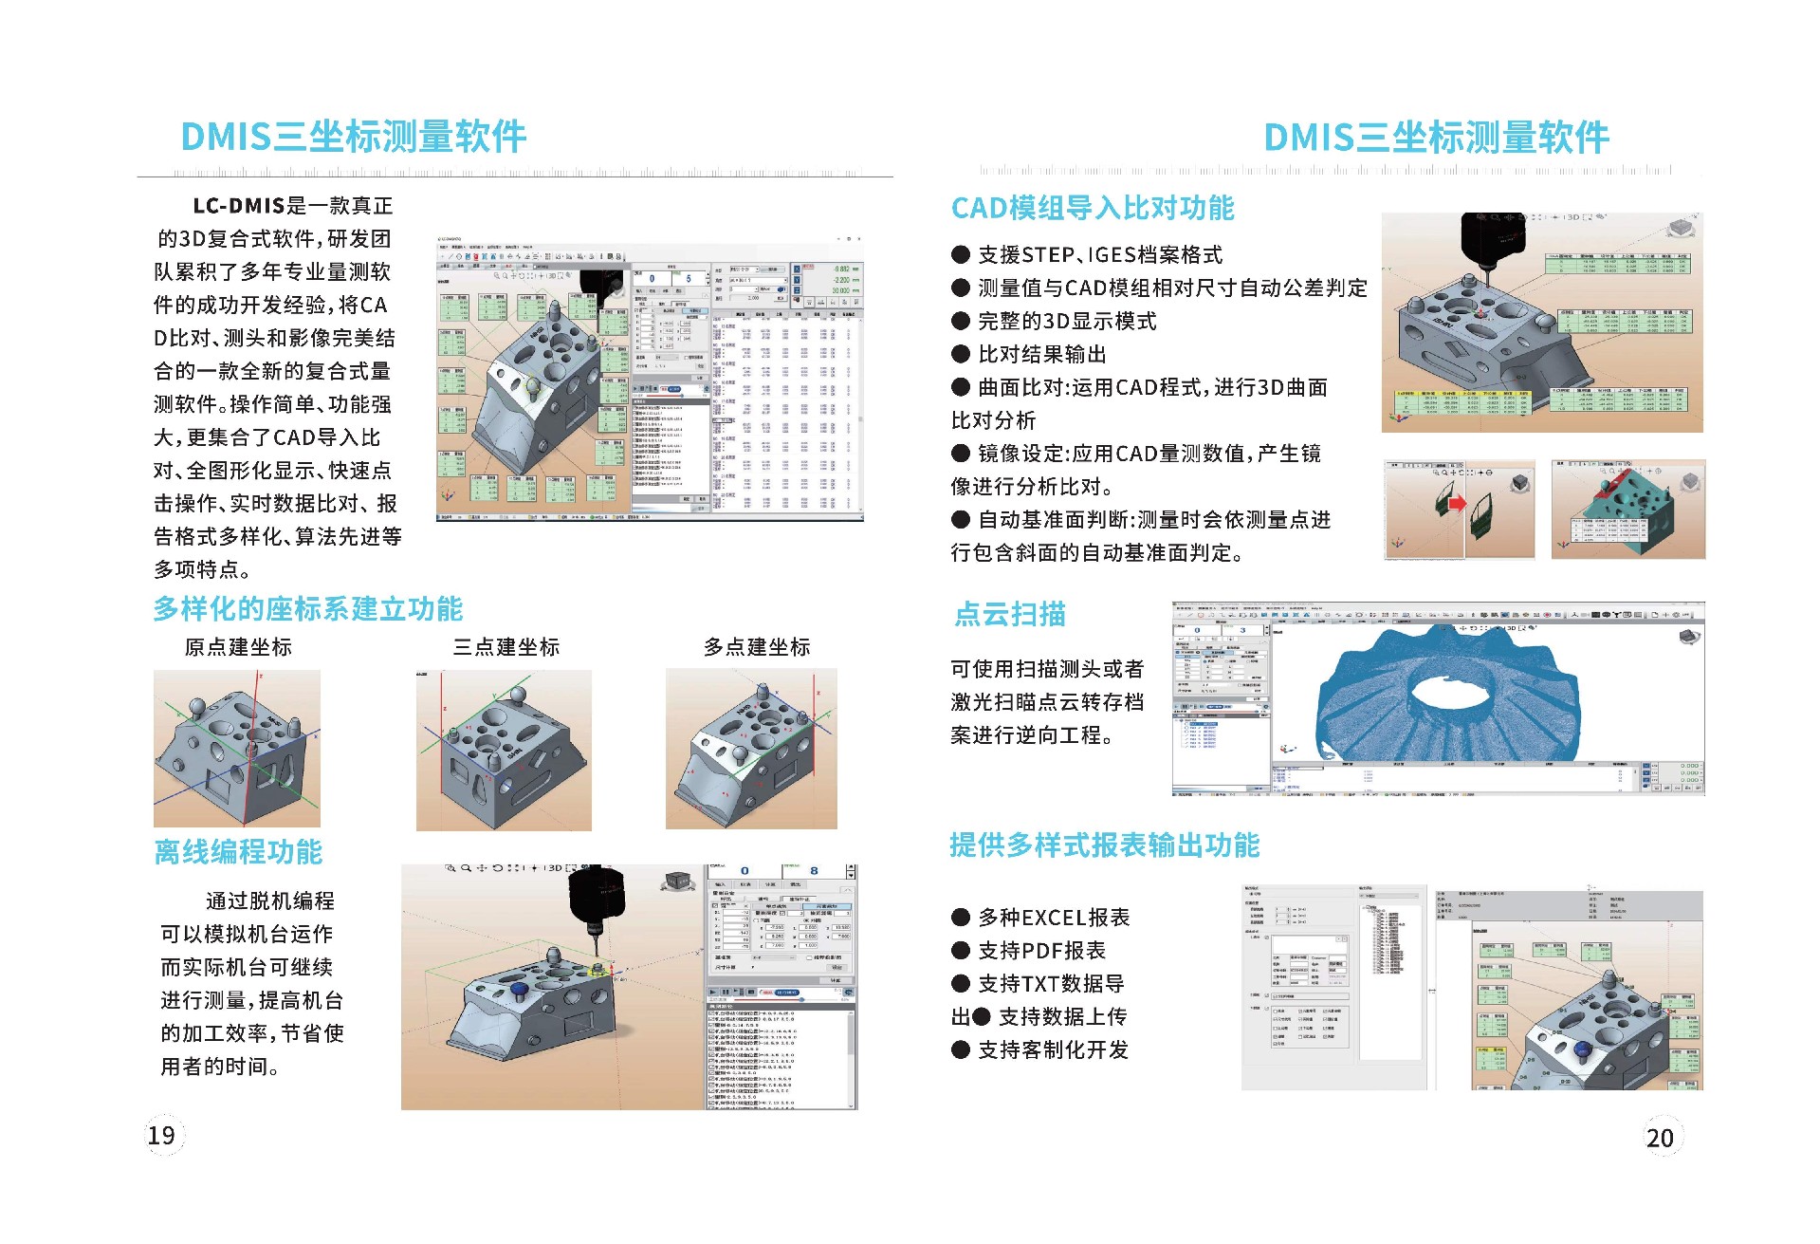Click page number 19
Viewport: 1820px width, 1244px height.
161,1135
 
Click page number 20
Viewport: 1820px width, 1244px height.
1660,1138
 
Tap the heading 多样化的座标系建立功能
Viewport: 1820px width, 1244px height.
308,609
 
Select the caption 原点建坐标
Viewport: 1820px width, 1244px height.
238,647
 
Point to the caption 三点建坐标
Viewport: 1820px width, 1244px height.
506,647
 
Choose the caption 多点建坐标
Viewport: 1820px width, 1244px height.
757,647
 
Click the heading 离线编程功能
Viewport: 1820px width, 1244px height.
238,852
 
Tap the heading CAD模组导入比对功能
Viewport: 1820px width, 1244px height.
1093,208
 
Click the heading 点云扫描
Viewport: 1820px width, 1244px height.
1010,615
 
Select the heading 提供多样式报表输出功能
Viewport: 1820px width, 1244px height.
1105,845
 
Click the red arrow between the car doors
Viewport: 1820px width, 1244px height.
1457,504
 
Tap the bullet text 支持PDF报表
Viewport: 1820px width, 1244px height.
1041,951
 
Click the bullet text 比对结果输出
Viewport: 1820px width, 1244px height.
1042,354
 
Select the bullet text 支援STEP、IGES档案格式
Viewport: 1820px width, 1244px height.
1100,254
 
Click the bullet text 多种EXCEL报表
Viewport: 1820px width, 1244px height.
1054,918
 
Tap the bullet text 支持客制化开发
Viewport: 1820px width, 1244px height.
1053,1050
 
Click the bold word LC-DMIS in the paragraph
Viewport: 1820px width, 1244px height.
239,206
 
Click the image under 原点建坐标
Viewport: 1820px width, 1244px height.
237,749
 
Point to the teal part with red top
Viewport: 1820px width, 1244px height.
1627,510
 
